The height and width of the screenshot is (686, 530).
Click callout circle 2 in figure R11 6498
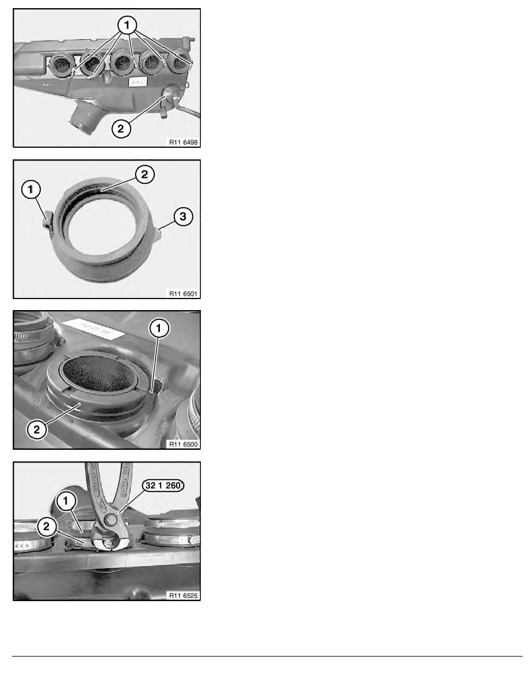coord(120,129)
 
